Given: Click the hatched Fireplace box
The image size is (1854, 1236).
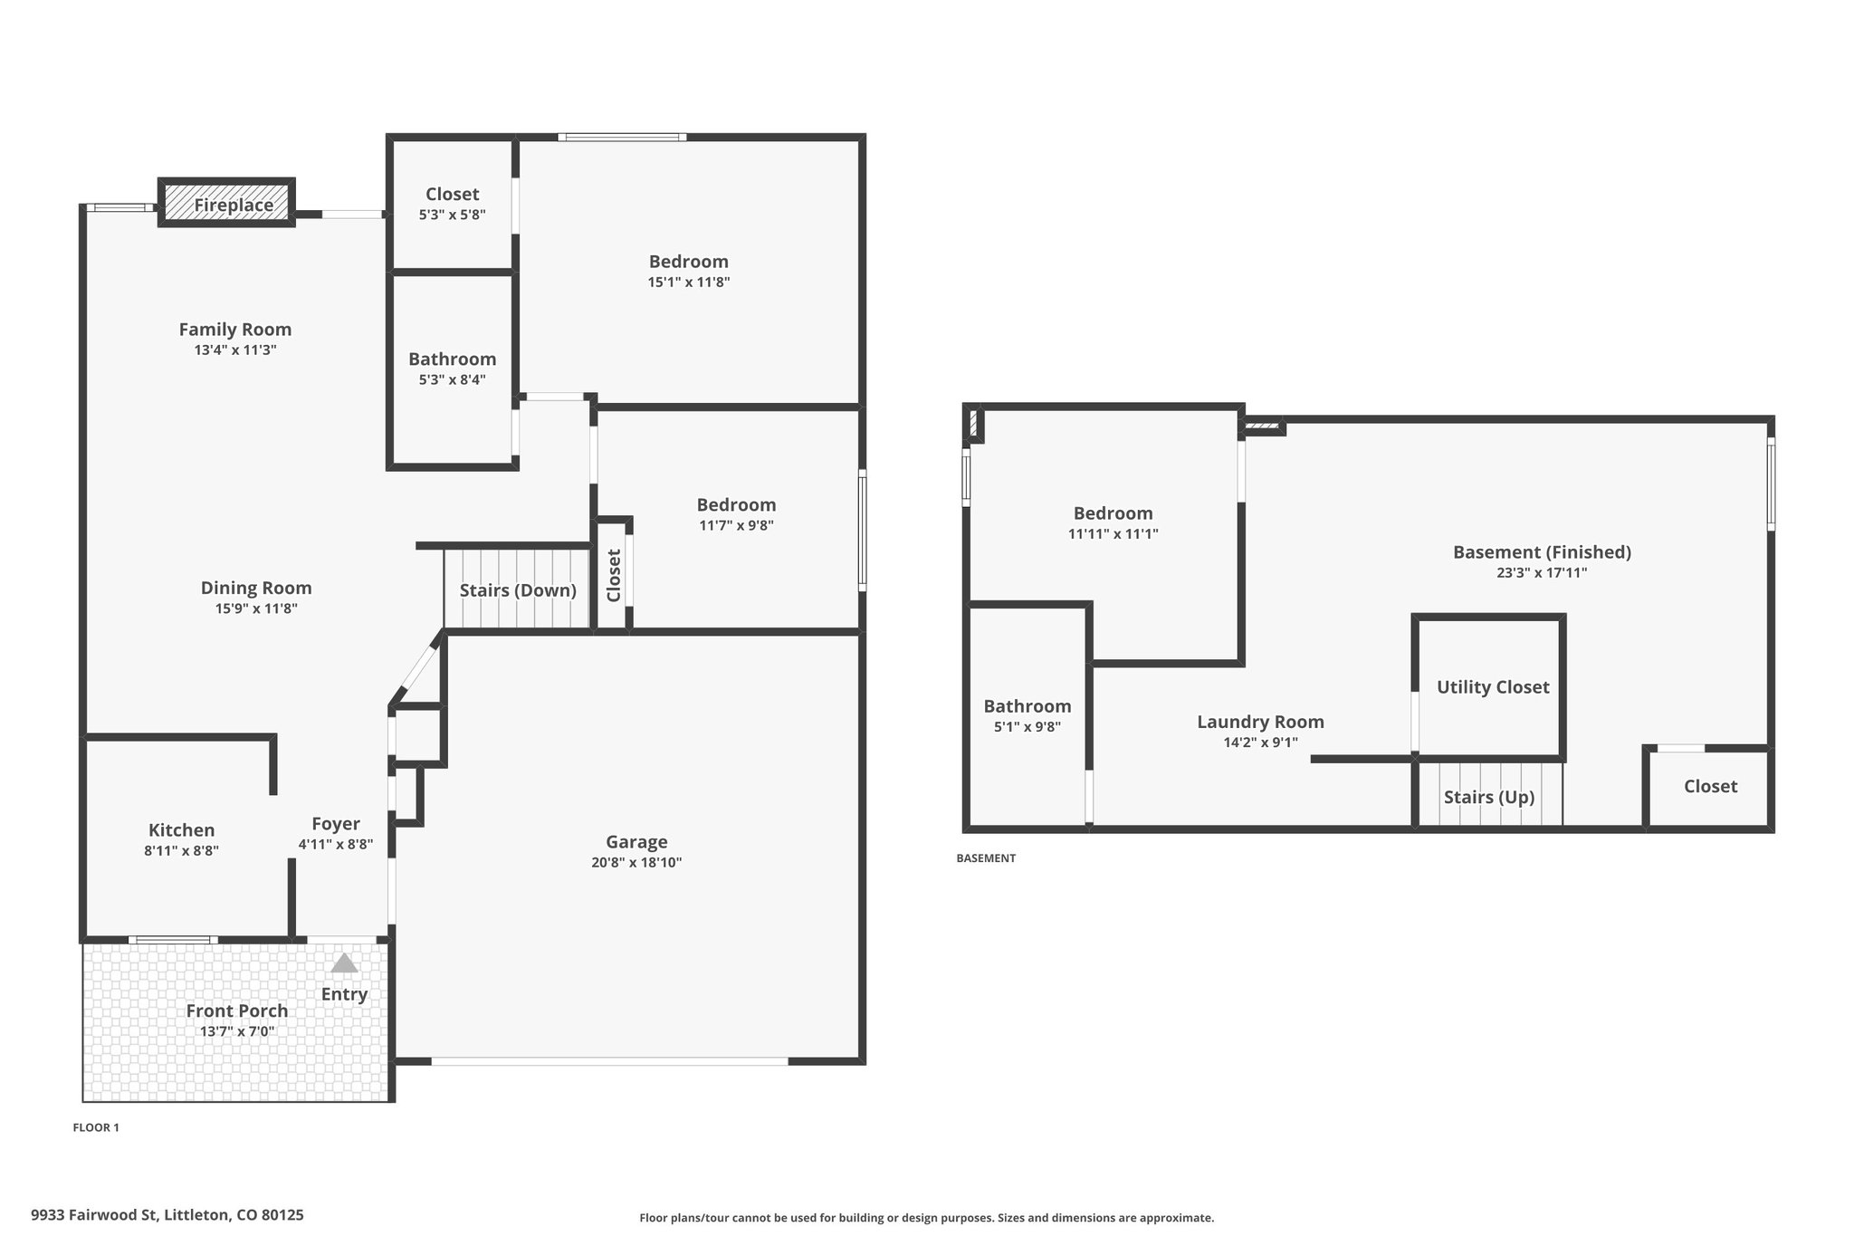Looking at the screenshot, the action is click(226, 202).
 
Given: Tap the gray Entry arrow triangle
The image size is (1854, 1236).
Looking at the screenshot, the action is click(344, 963).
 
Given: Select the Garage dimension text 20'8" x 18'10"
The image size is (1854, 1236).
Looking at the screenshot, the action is click(636, 863).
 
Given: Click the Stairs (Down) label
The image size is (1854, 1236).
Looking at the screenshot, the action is click(518, 590).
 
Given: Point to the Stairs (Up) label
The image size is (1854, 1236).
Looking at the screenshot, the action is click(1489, 797).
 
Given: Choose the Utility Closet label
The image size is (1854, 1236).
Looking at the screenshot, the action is click(1493, 687).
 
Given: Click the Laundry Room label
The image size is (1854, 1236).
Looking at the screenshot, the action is click(1260, 722).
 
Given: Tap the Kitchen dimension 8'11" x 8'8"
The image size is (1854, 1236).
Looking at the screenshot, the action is click(181, 851).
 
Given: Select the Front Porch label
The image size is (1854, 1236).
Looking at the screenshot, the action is click(237, 1011).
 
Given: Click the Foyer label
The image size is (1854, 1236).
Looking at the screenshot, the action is click(336, 824).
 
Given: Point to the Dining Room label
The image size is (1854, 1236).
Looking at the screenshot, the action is click(256, 588).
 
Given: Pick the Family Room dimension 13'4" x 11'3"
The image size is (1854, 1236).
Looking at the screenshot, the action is click(235, 350).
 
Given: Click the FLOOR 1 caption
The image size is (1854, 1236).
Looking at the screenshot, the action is click(96, 1127).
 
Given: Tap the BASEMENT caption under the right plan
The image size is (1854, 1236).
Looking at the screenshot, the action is click(986, 858).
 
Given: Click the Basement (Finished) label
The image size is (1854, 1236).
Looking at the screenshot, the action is click(1542, 551).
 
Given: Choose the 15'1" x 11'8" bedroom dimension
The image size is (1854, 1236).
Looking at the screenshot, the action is click(689, 283).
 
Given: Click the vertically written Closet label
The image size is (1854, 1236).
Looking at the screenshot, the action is click(614, 575).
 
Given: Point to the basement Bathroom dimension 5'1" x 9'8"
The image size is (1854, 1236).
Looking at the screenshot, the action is click(1027, 727).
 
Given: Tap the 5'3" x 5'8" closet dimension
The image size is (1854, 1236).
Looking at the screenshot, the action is click(452, 216).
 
